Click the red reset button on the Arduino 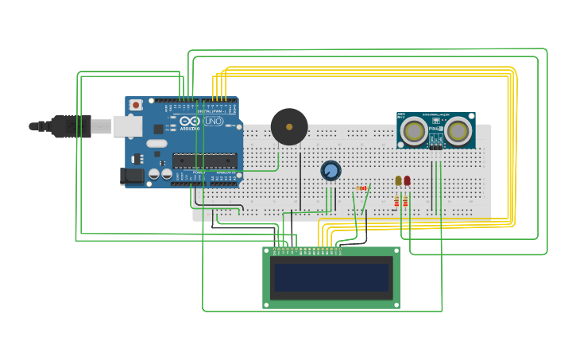136,105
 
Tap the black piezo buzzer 289,126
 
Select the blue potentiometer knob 331,170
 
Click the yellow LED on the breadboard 398,181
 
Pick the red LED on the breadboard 407,181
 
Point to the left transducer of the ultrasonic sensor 413,131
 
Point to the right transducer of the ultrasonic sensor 458,131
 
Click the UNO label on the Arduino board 213,122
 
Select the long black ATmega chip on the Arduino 205,161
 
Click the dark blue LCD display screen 331,278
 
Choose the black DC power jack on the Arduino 131,176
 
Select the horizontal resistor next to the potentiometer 361,188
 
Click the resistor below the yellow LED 396,202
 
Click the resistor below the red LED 405,202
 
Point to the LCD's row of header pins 308,251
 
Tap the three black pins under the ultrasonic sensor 435,147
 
